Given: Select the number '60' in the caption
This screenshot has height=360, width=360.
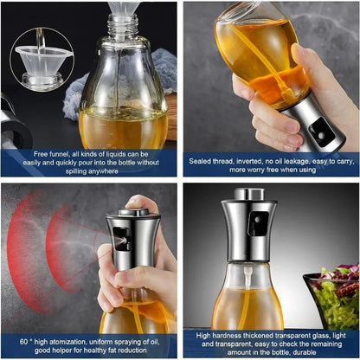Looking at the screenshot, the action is click(23, 342).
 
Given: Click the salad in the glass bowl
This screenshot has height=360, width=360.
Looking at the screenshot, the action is click(337, 296).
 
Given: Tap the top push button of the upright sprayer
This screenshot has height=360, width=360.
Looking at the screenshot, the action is click(249, 194).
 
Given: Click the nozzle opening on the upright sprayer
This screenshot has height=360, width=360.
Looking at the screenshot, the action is click(257, 220).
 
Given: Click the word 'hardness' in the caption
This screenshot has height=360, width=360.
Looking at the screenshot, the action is click(227, 336).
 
